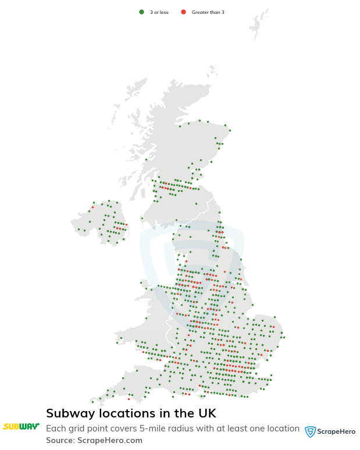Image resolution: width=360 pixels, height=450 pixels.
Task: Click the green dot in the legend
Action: pyautogui.click(x=141, y=12)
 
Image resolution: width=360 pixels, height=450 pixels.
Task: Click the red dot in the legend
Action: pyautogui.click(x=183, y=12)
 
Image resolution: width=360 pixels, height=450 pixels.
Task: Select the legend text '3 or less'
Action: pyautogui.click(x=159, y=12)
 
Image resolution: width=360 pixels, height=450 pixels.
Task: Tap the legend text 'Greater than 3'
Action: pyautogui.click(x=208, y=12)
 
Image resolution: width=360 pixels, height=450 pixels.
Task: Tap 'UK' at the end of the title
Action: pyautogui.click(x=206, y=413)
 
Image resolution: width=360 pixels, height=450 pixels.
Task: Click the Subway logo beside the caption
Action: pyautogui.click(x=21, y=427)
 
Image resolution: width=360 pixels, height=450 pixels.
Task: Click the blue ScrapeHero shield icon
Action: pyautogui.click(x=311, y=431)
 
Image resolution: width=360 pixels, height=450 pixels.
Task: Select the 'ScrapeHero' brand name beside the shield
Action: pyautogui.click(x=336, y=431)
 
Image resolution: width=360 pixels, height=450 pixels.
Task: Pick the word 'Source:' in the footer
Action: pyautogui.click(x=60, y=440)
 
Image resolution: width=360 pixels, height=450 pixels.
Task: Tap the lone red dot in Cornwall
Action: pyautogui.click(x=129, y=399)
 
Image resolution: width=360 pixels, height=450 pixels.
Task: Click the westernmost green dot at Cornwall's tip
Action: pyautogui.click(x=92, y=402)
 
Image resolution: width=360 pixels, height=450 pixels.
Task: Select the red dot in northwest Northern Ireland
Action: pyautogui.click(x=92, y=207)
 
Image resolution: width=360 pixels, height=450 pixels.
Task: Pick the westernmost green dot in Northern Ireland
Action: pyautogui.click(x=79, y=229)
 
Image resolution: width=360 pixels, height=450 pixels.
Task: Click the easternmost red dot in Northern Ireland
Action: pyautogui.click(x=126, y=224)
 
